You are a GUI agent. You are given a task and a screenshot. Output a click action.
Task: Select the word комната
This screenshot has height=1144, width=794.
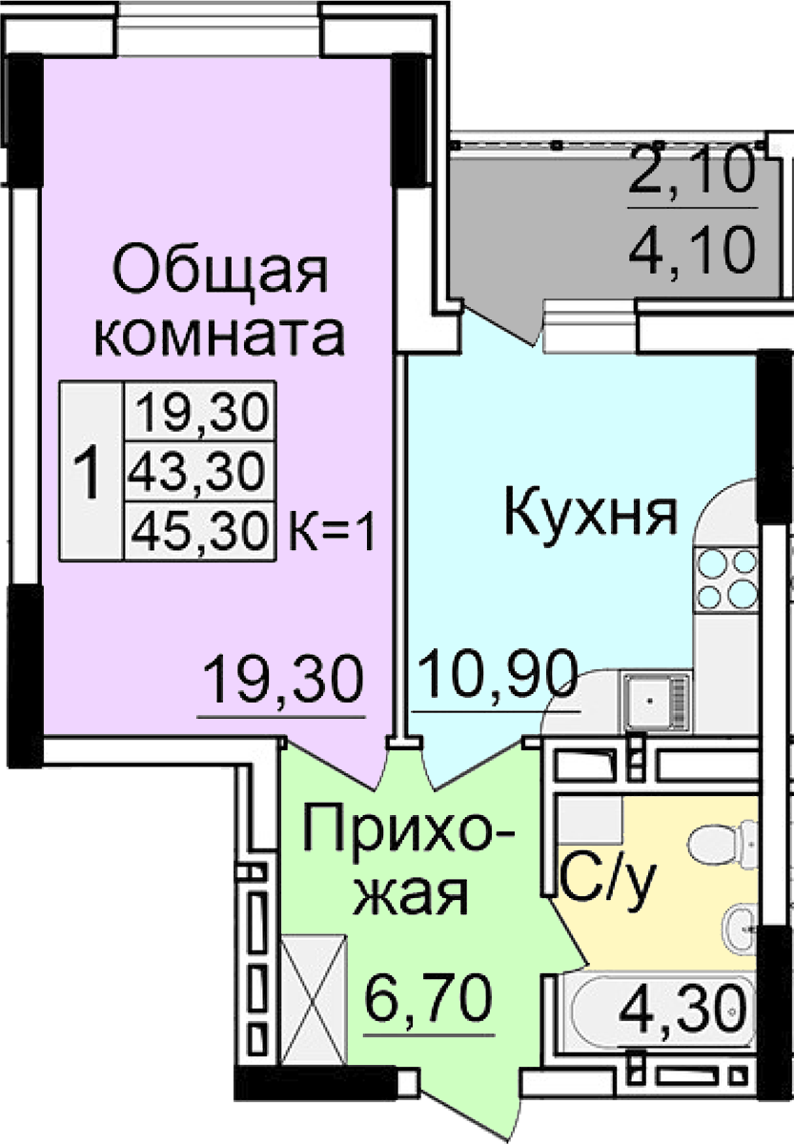click(220, 336)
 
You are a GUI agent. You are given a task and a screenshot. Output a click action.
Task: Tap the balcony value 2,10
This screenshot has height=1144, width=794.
click(691, 170)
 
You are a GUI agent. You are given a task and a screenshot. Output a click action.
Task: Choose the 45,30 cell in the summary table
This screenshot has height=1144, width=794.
click(200, 531)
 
